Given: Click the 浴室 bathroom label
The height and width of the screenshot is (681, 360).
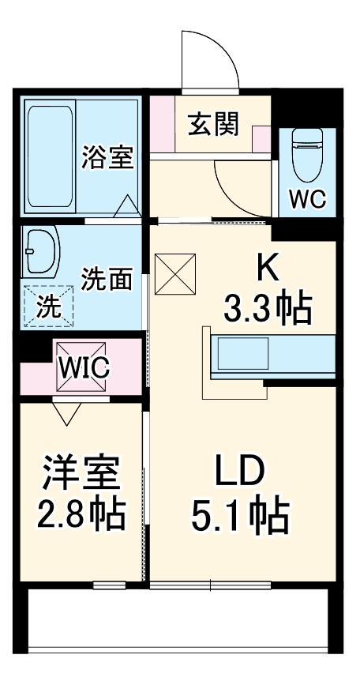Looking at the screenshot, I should (107, 157).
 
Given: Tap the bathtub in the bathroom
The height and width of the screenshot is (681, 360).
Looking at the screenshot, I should (51, 156).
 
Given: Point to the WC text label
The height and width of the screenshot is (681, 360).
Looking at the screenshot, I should (306, 200).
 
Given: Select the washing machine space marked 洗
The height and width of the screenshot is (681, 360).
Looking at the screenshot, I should (47, 304).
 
